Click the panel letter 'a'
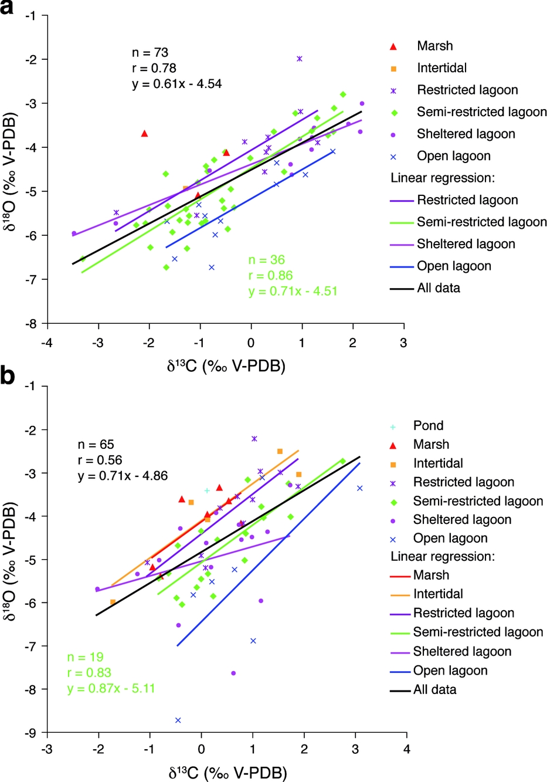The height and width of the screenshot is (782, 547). click(x=8, y=8)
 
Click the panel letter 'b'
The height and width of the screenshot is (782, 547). click(x=8, y=375)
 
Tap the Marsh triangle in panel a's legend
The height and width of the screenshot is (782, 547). click(x=393, y=46)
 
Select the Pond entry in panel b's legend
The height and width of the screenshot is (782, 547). click(x=428, y=425)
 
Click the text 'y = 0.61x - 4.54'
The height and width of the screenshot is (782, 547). click(x=177, y=84)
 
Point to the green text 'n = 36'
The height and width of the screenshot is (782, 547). click(x=266, y=260)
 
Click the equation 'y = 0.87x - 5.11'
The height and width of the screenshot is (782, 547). click(x=111, y=688)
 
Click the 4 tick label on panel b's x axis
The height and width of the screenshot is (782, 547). click(x=407, y=749)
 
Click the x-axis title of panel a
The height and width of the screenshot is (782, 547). click(x=226, y=366)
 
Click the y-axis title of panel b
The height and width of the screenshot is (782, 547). click(x=11, y=560)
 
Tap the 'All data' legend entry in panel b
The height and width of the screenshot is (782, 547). click(x=434, y=690)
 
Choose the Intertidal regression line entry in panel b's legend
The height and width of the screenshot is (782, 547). click(x=438, y=594)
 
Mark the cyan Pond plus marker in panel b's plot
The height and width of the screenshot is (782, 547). click(x=207, y=490)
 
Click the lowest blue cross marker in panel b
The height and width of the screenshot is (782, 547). click(x=178, y=720)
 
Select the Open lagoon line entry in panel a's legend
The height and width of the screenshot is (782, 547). click(x=454, y=266)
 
